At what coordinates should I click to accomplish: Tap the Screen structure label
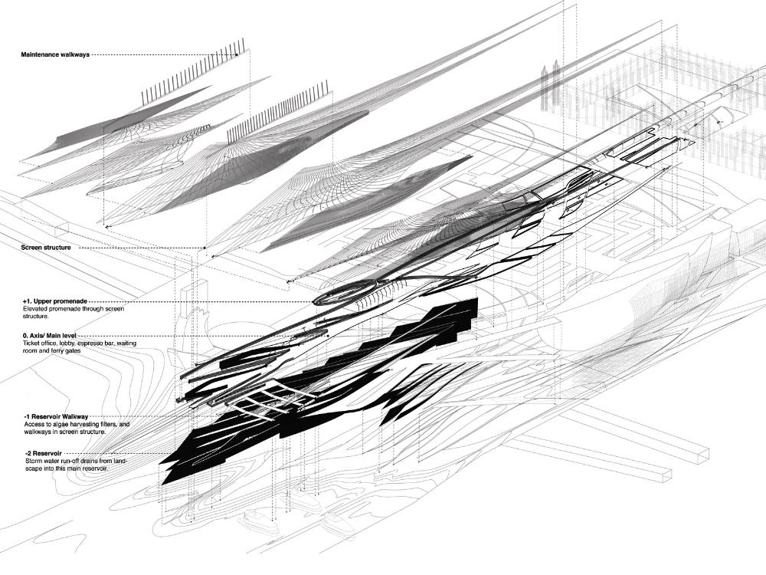47,248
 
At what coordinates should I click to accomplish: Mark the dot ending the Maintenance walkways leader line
237,54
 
